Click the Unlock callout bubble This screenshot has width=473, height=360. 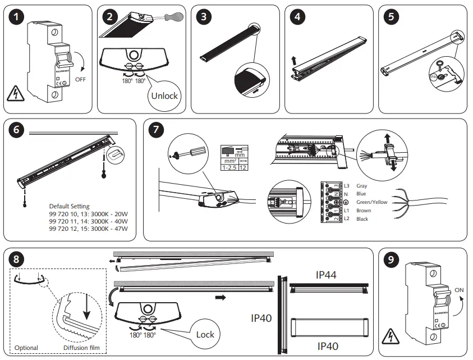tap(164, 95)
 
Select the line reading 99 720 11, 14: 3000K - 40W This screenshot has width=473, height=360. tap(88, 221)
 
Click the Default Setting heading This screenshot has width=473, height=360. tap(69, 206)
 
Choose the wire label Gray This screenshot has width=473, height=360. tap(362, 185)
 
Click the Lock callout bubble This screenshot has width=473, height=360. tap(205, 334)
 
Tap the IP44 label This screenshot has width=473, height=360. tap(327, 275)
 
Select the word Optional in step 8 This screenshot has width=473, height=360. tap(26, 348)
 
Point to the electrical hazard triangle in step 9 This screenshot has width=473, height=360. tap(387, 337)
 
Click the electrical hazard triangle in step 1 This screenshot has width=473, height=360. tap(17, 95)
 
